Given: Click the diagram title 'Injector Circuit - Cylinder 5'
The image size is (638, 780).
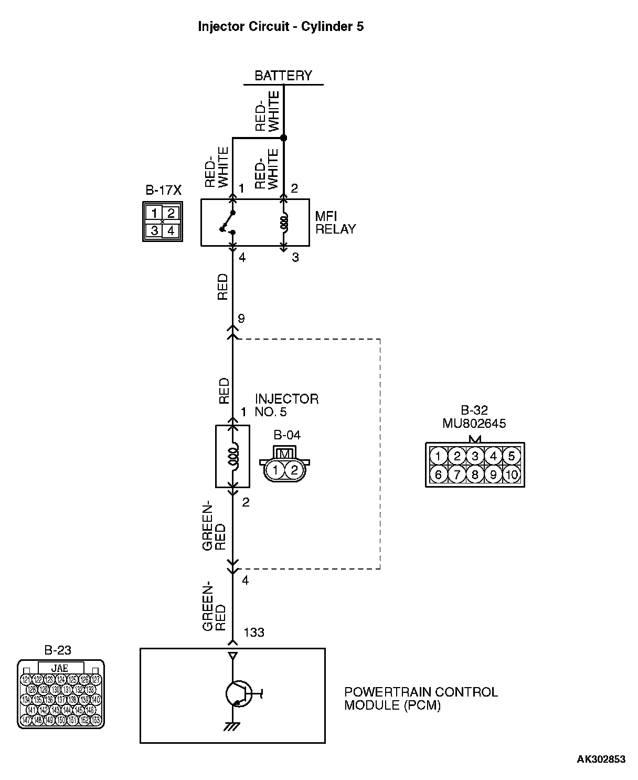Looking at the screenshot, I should pos(281,27).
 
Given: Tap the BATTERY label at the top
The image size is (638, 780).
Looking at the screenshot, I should pos(283,76).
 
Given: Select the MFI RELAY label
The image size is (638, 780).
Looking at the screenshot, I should pos(335,223).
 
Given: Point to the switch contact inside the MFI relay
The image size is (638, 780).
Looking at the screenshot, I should pos(228,222).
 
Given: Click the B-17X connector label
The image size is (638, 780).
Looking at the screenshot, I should pos(163,190).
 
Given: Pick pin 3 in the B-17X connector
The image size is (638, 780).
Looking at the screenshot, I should pos(154,230).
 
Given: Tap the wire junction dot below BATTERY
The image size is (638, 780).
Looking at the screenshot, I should pos(284,138).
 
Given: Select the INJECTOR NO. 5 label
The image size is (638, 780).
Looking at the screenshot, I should pos(286,405).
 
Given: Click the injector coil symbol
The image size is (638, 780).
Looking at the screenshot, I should pos(232,456).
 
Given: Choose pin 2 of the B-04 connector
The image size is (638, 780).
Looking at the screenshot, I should pos(294,470).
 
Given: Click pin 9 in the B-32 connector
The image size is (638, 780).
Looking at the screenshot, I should pos(493,475).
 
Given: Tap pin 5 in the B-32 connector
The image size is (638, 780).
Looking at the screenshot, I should pos(512,456).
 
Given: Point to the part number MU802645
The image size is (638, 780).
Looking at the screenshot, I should pos(474,423).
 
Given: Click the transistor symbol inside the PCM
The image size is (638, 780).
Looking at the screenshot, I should pos(239,694).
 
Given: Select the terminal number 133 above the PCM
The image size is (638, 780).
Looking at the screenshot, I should pos(254,633).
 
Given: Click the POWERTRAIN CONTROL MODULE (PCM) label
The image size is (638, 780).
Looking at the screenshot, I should pos(420,698).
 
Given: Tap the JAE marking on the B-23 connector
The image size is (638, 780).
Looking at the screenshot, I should pos(60,668).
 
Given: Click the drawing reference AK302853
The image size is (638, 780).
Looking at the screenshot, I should pos(601,759).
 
